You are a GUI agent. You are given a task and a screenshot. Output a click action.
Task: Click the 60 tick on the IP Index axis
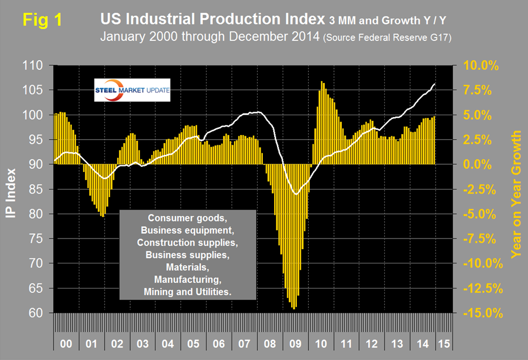pos(39,313)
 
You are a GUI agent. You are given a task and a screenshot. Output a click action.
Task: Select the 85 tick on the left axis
pos(39,189)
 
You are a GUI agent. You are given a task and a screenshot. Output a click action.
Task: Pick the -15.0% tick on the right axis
pos(480,313)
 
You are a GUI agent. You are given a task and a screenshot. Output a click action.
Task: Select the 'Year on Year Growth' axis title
pos(516,194)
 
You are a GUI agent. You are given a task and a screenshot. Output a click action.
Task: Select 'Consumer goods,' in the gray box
pos(188,217)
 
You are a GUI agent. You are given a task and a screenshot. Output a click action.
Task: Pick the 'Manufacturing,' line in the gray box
pos(188,279)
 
